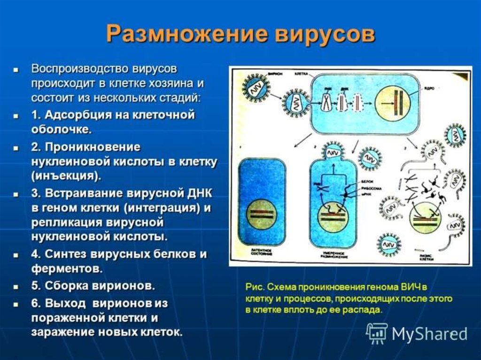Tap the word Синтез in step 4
[64, 255]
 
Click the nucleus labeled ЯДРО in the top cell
[393, 102]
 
